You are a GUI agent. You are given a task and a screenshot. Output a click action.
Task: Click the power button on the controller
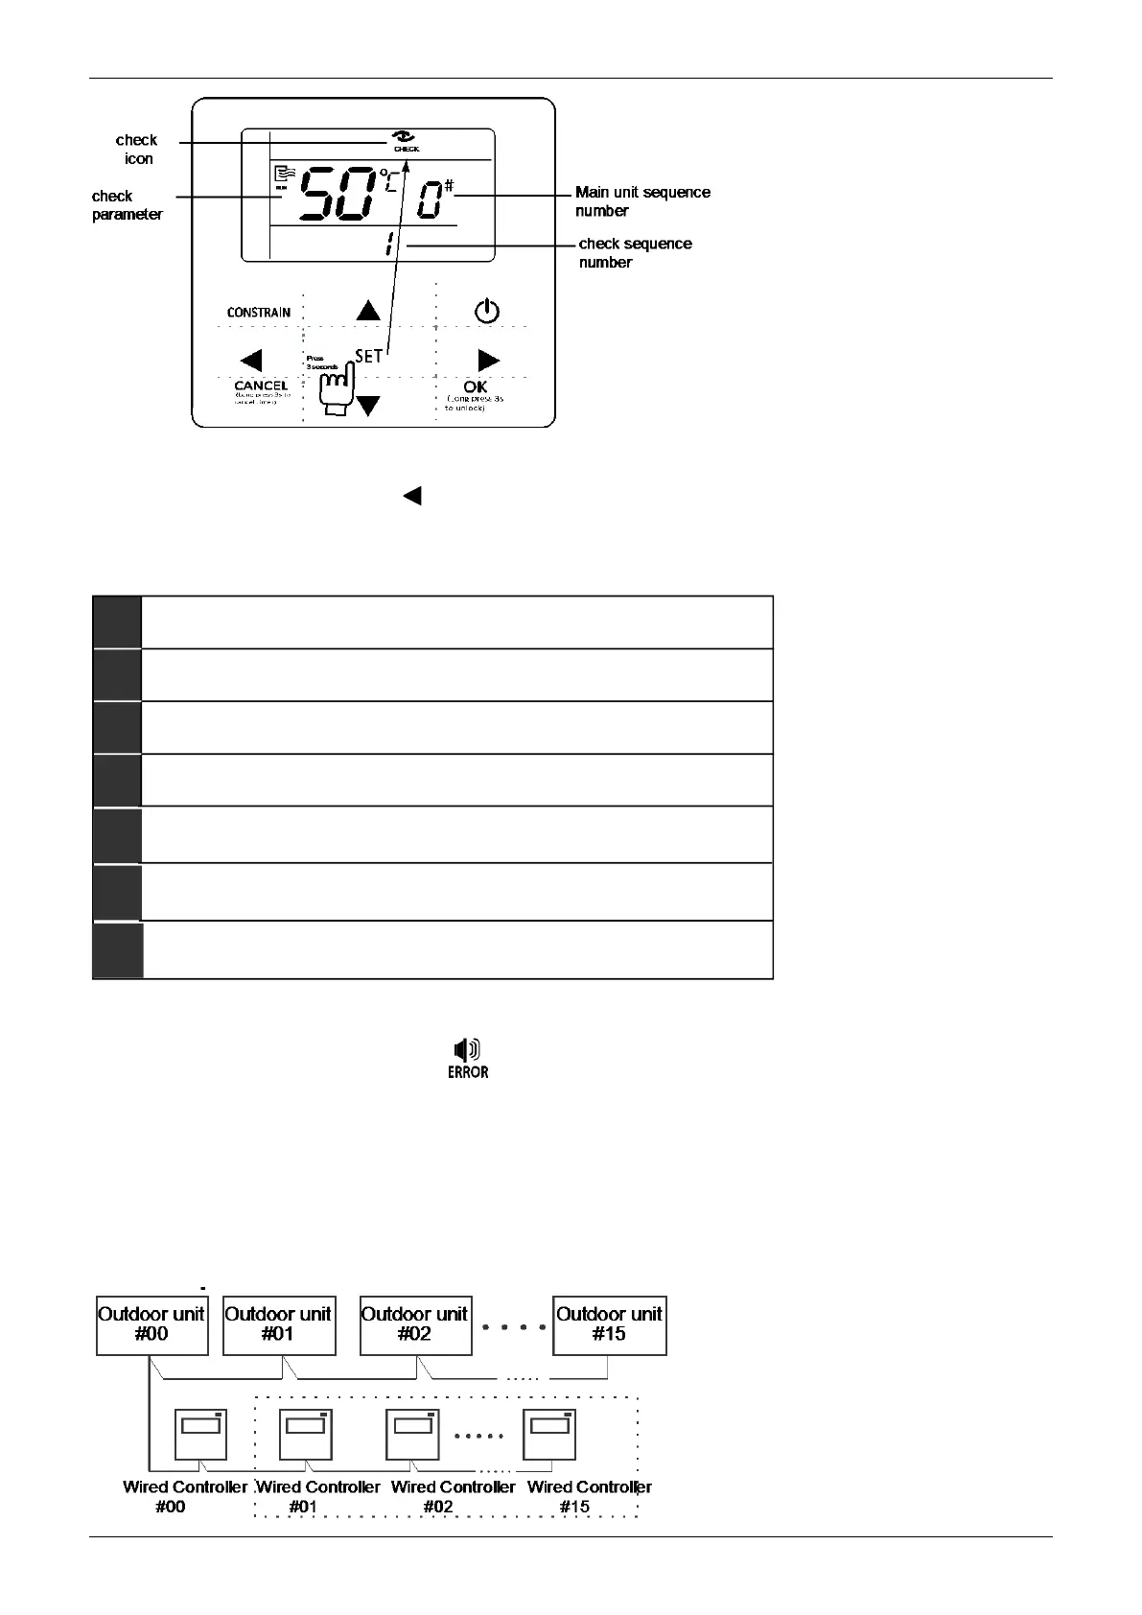(x=487, y=311)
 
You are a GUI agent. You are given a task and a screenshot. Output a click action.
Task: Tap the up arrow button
(x=368, y=310)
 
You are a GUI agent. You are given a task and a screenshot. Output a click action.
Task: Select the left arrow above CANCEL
(x=251, y=361)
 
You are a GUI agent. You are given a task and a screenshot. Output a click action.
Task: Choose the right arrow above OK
(x=488, y=361)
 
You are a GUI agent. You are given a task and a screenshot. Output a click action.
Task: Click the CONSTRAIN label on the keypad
(x=259, y=313)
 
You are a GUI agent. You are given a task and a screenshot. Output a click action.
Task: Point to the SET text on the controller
(x=369, y=356)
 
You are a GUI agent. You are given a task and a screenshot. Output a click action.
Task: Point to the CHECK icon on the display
(x=407, y=141)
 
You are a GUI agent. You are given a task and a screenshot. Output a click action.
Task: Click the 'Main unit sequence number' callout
(x=642, y=201)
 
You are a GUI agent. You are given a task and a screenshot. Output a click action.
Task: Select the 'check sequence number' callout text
(x=635, y=253)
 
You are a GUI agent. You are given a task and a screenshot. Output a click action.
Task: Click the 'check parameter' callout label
(x=127, y=205)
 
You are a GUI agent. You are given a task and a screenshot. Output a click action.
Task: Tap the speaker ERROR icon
(x=468, y=1059)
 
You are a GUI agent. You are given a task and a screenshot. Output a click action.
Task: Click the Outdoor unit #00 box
(x=152, y=1324)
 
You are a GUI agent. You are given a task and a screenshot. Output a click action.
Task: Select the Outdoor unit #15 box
(x=610, y=1324)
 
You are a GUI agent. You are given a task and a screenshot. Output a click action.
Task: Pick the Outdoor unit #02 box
(x=415, y=1324)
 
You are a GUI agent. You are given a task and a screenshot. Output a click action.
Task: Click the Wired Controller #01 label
(x=317, y=1496)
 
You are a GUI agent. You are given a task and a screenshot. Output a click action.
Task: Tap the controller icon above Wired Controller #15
(x=549, y=1434)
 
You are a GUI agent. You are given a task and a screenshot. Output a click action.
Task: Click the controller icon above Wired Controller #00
(x=200, y=1434)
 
